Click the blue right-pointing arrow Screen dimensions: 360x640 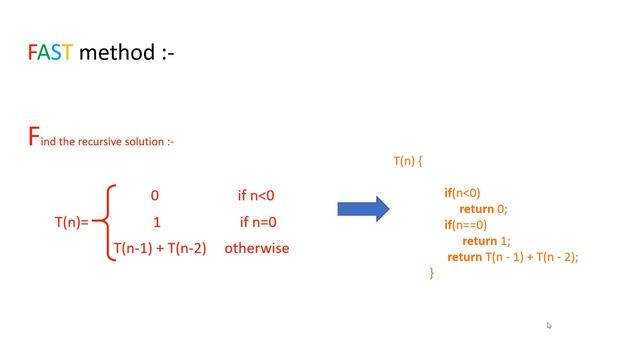(x=363, y=209)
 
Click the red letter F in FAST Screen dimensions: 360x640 (x=32, y=53)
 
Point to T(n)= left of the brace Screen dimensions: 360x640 (x=71, y=222)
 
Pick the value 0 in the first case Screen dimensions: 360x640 (x=155, y=196)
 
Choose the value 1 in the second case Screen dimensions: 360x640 (x=156, y=222)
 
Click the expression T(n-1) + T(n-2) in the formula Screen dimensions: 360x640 (x=160, y=248)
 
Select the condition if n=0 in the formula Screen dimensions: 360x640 (x=258, y=222)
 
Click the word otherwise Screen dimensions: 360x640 (x=257, y=248)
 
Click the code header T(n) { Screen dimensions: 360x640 (x=409, y=160)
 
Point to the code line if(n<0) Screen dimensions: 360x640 (x=462, y=193)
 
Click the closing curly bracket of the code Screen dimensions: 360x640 (x=432, y=272)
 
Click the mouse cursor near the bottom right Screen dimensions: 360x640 (x=549, y=325)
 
